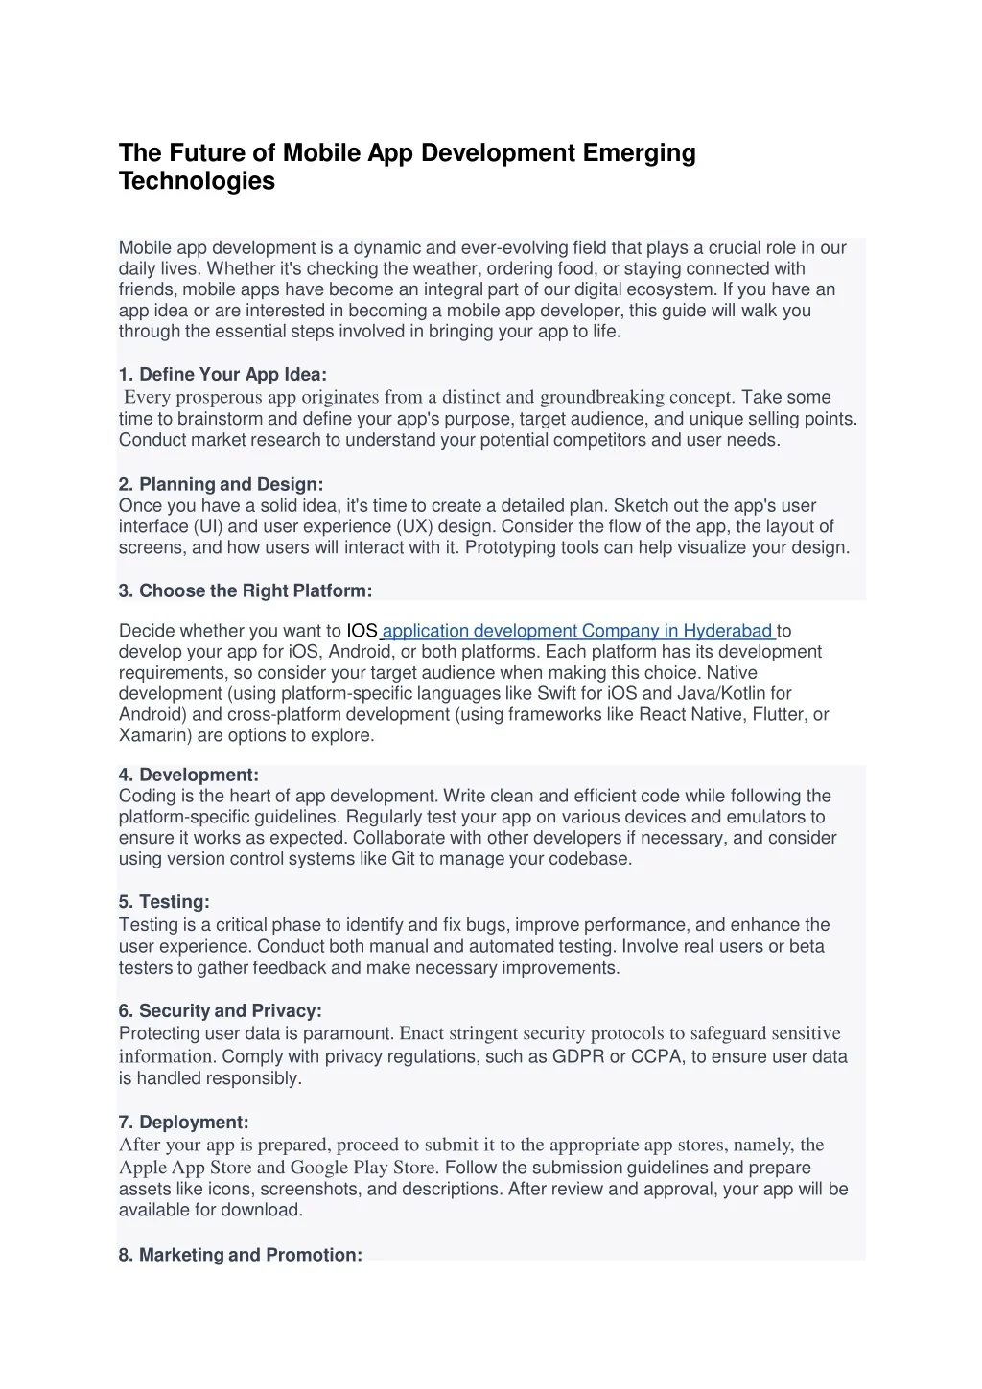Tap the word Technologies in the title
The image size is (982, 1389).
(x=197, y=181)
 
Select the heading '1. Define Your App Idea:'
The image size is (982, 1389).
(x=222, y=374)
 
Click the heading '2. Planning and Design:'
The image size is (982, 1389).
(x=221, y=484)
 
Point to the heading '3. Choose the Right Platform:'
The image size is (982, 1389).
(x=245, y=590)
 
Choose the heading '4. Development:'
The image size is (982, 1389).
(x=189, y=775)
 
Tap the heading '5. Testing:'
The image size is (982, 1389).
(x=164, y=902)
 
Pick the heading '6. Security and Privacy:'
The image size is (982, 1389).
(x=220, y=1010)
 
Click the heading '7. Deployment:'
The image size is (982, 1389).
(x=183, y=1122)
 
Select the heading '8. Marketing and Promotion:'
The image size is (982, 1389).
(x=240, y=1255)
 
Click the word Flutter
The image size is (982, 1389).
(x=779, y=714)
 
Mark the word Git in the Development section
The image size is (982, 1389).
(x=403, y=859)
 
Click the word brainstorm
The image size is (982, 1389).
(x=220, y=419)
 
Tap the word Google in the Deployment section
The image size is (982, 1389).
(x=319, y=1168)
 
